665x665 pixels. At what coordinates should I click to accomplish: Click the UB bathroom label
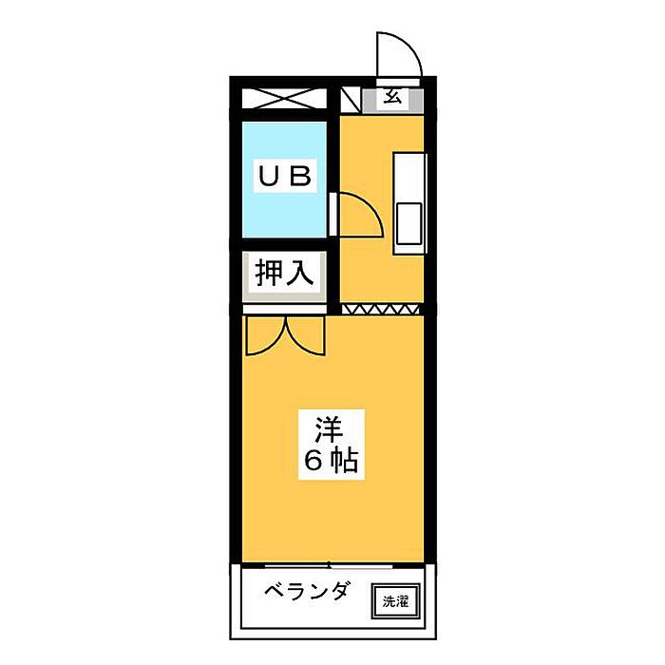pos(285,176)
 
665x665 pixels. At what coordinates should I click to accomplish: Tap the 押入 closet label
pos(284,273)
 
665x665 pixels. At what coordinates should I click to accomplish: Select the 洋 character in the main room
pos(330,429)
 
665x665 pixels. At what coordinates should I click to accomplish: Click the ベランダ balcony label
pos(308,590)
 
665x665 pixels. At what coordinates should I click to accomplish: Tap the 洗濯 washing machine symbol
pos(396,601)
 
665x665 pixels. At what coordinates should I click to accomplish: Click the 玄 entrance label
pos(392,97)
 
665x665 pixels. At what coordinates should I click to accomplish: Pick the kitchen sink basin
pos(409,223)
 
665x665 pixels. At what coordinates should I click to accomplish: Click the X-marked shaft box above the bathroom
pos(284,99)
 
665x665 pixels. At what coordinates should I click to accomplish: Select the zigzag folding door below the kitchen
pos(380,309)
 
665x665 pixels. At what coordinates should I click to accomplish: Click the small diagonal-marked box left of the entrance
pos(351,100)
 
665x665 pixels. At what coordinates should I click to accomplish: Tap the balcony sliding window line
pos(329,565)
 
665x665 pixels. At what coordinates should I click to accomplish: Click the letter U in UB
pos(269,177)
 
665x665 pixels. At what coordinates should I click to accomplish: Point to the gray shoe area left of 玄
pos(370,100)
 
